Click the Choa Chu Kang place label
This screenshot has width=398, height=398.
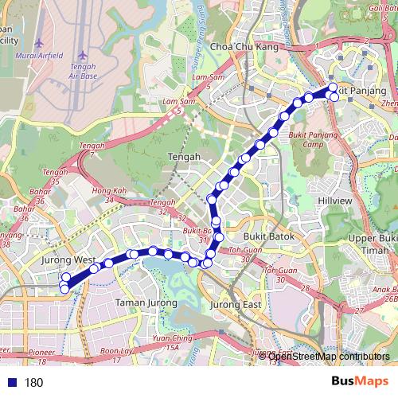(236, 47)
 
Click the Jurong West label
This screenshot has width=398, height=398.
(68, 260)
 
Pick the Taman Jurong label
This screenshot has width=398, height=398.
(141, 302)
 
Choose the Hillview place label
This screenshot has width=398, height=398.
(334, 201)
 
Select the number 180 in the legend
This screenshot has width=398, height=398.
(33, 383)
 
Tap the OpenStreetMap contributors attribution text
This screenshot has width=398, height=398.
(326, 357)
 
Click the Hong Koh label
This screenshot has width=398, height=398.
(110, 191)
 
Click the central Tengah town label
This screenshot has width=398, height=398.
(185, 158)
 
